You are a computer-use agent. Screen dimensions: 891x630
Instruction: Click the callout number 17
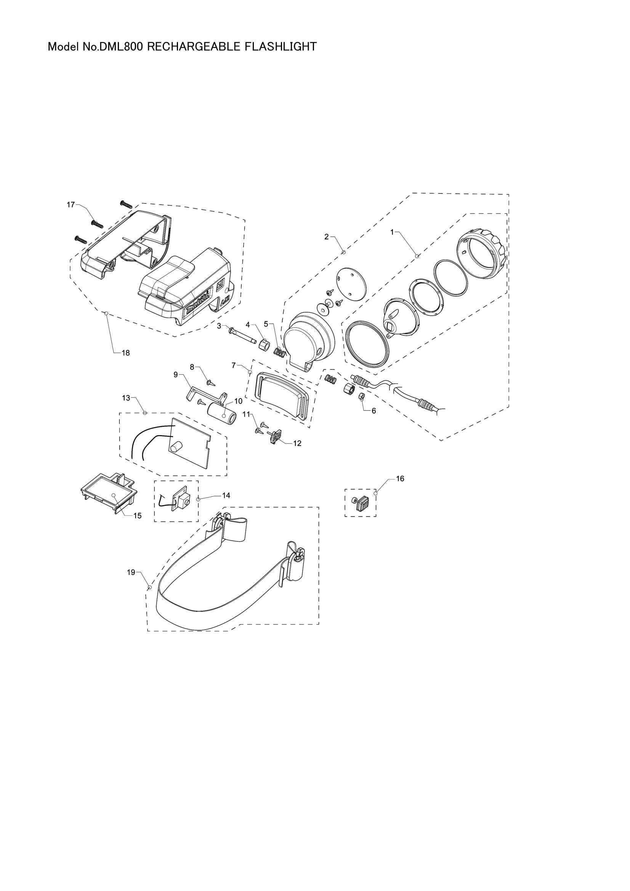point(71,205)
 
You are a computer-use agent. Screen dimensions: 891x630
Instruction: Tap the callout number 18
point(125,353)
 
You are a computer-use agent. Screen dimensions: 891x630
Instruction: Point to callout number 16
point(400,478)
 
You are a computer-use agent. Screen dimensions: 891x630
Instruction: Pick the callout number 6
point(374,411)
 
